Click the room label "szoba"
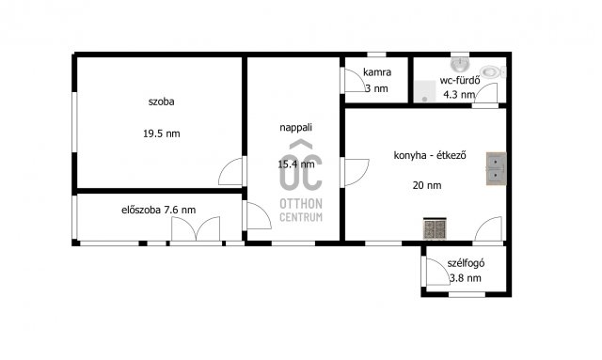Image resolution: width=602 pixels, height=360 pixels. click(x=161, y=102)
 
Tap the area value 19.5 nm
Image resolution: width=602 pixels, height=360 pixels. click(x=161, y=133)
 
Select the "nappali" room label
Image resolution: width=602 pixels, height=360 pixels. click(x=295, y=128)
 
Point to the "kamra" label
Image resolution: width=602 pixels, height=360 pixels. click(x=377, y=72)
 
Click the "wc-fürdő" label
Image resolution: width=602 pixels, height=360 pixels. click(x=460, y=80)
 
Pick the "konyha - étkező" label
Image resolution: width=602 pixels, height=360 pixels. click(x=430, y=155)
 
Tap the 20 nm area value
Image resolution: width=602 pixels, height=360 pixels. click(x=427, y=185)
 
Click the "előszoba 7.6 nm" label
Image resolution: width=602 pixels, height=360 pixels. click(x=159, y=210)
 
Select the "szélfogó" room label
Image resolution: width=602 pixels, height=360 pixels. click(x=466, y=263)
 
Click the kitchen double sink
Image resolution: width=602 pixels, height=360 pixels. click(x=496, y=168)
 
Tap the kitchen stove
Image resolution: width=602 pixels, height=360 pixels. click(x=435, y=228)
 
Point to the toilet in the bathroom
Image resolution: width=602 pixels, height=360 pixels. click(x=493, y=71)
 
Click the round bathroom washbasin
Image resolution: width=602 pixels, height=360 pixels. click(x=460, y=65)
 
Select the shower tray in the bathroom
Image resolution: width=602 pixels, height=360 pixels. click(x=424, y=91)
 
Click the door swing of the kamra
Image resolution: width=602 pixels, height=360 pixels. click(x=354, y=80)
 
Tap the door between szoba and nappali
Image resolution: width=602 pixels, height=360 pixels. click(x=231, y=171)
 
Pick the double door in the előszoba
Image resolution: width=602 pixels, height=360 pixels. click(x=196, y=228)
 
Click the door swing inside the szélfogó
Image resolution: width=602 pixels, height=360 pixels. click(x=437, y=272)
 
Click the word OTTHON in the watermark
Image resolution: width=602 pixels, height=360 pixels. click(x=301, y=203)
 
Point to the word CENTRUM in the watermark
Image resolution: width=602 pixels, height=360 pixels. click(x=301, y=217)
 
